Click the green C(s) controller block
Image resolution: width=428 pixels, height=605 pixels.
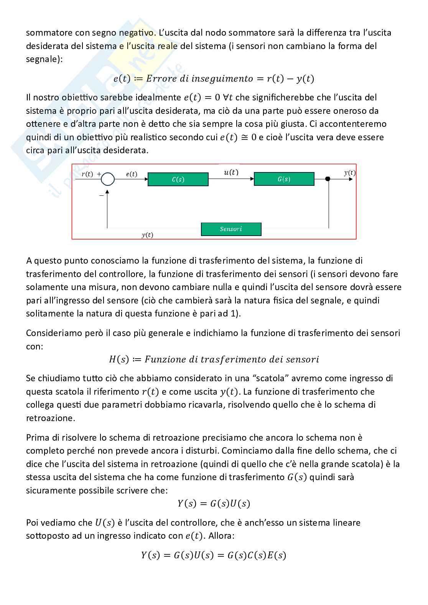[178, 179]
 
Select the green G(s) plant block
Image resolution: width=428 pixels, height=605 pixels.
[284, 179]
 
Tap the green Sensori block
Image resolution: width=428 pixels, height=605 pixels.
[231, 229]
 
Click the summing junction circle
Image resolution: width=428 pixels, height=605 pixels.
[108, 179]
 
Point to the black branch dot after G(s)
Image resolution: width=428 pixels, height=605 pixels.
[328, 179]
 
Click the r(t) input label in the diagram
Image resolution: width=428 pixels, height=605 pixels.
[87, 174]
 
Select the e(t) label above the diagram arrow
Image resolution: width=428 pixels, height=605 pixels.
[132, 174]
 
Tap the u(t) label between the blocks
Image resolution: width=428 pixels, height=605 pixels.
[231, 172]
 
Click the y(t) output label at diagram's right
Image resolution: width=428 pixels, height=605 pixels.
[349, 173]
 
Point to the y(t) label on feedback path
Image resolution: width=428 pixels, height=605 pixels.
[147, 235]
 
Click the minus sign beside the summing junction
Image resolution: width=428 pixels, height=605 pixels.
[101, 195]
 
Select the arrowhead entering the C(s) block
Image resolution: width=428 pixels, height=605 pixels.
[146, 179]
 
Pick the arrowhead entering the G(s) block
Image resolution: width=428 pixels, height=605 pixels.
[252, 179]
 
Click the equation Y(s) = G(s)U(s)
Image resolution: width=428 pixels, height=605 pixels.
[214, 503]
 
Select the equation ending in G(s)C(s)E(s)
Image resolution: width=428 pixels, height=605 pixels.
[214, 555]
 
